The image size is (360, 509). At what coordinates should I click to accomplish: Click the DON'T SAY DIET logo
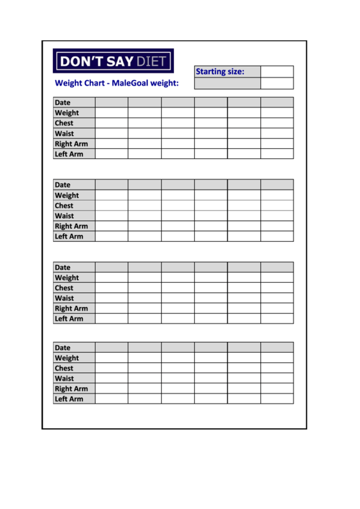(x=113, y=61)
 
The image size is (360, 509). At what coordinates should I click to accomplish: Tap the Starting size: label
(x=219, y=71)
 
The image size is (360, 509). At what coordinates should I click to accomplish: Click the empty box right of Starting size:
(x=277, y=71)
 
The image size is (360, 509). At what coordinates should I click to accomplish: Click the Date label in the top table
(x=62, y=103)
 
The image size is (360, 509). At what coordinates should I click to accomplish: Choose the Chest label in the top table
(x=64, y=123)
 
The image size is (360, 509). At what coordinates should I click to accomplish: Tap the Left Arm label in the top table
(x=69, y=154)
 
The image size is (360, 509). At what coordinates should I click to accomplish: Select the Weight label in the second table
(x=67, y=195)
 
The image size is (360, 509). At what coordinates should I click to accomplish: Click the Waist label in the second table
(x=65, y=216)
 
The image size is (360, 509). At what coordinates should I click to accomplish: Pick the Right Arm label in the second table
(x=71, y=226)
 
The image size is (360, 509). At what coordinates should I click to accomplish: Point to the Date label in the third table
(x=62, y=267)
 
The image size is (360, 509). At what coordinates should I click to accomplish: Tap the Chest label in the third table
(x=64, y=287)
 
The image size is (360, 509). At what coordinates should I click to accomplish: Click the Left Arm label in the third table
(x=69, y=319)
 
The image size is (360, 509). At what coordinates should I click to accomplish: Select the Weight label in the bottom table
(x=67, y=358)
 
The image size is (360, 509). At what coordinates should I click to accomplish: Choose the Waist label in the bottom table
(x=65, y=379)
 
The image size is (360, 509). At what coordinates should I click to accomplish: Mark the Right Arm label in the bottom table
(x=71, y=389)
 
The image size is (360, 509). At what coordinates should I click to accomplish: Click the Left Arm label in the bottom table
(x=69, y=399)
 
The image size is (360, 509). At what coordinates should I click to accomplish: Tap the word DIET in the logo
(x=151, y=61)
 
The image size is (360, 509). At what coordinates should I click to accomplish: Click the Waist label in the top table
(x=65, y=133)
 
